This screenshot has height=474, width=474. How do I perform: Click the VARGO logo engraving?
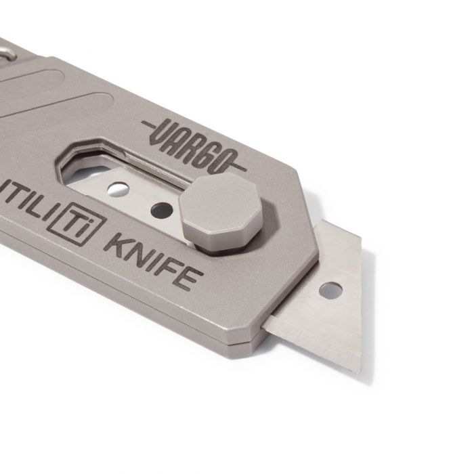pyautogui.click(x=193, y=142)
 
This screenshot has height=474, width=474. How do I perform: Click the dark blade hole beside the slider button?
pyautogui.click(x=161, y=211)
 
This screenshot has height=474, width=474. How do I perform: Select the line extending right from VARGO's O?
pyautogui.click(x=240, y=165)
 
